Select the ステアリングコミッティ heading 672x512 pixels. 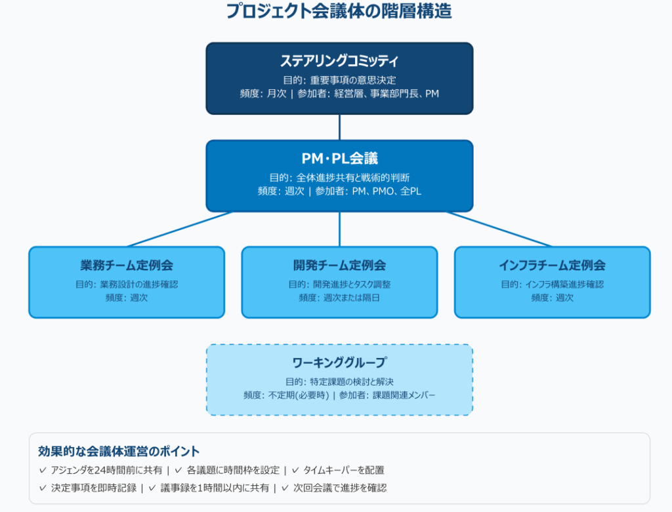click(339, 61)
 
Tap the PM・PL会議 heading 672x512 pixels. click(339, 158)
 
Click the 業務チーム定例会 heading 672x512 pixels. click(127, 266)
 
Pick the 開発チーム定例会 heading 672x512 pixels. click(339, 266)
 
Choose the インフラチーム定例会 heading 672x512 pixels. click(552, 266)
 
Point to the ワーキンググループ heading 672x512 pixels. click(339, 363)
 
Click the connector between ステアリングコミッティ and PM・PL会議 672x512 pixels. click(339, 127)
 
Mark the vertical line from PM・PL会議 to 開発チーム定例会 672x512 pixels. click(339, 229)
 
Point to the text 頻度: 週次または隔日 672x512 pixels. click(339, 298)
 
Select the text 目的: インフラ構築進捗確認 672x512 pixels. click(552, 285)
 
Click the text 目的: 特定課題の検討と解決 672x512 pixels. click(339, 382)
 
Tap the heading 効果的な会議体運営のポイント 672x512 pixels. click(119, 452)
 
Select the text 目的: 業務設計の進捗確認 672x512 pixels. click(127, 285)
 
